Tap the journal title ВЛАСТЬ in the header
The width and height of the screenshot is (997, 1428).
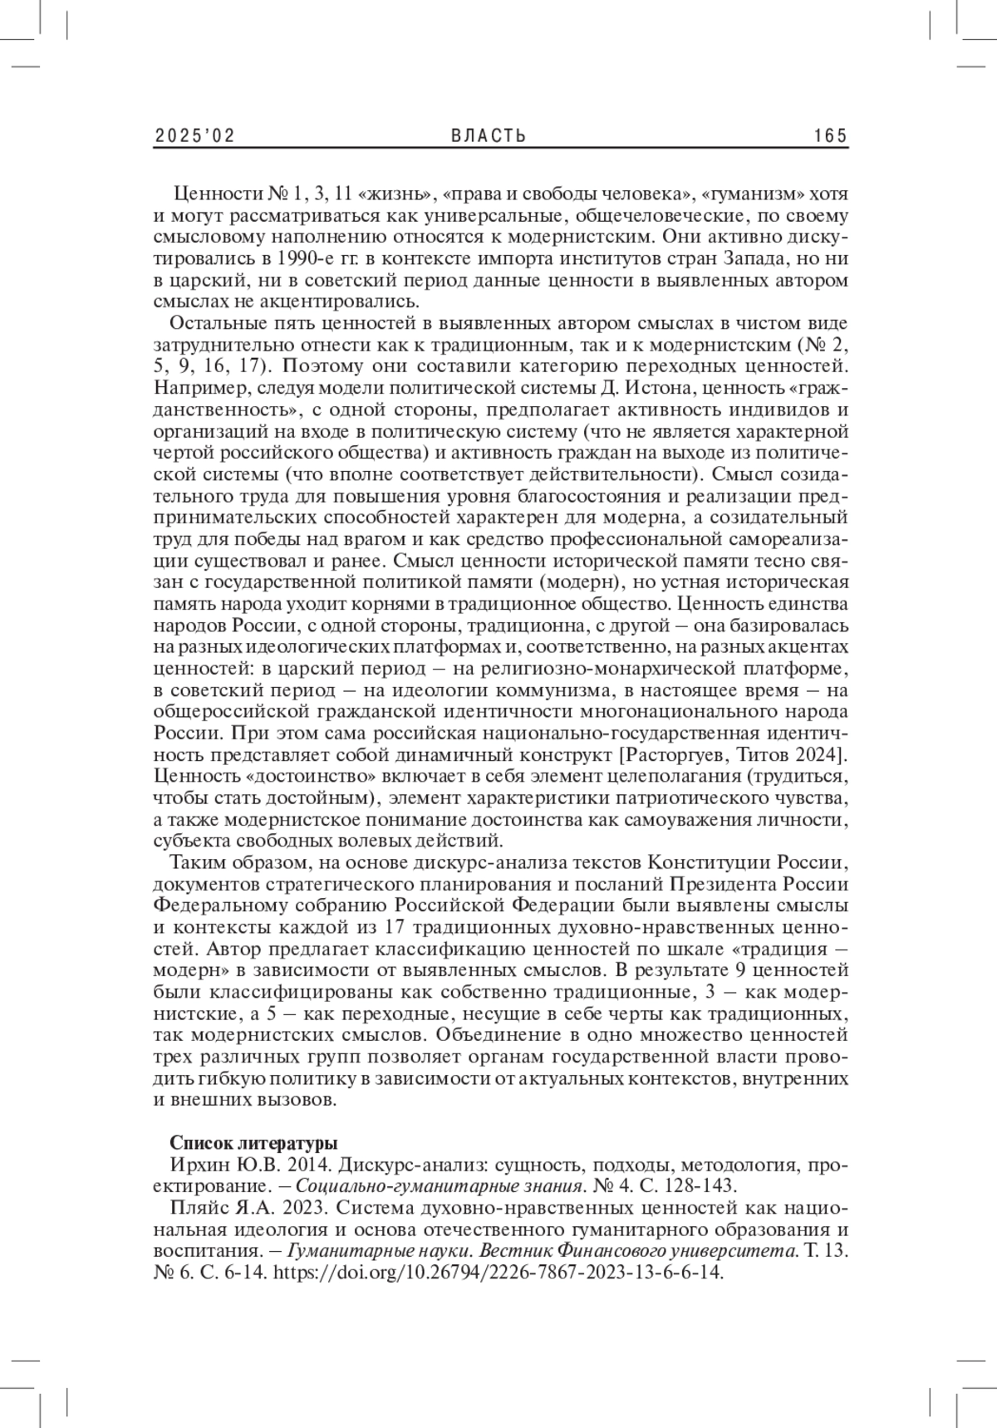[489, 135]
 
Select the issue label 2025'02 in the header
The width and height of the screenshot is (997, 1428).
[195, 135]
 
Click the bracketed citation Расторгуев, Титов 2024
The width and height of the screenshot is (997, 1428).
[732, 755]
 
